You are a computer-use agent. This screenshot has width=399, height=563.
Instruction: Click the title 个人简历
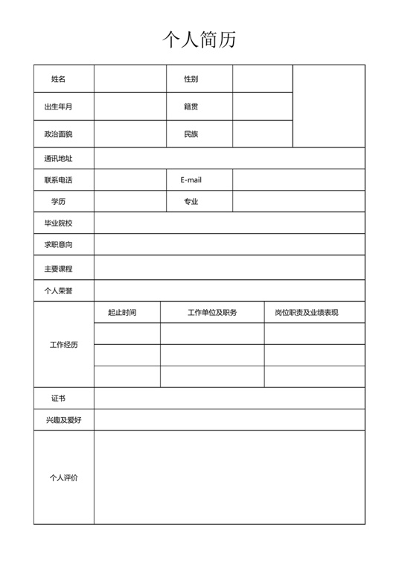coord(199,39)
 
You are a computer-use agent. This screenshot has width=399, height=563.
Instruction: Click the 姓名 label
coord(59,79)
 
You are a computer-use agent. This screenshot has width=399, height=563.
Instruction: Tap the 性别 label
coord(191,79)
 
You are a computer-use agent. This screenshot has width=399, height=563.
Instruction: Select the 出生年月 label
coord(59,106)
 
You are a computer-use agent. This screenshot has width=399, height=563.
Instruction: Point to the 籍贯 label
coord(191,106)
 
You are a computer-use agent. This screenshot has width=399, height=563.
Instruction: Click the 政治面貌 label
coord(59,134)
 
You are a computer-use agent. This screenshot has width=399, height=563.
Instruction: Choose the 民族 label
coord(191,134)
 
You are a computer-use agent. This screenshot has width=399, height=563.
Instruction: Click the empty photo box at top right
coord(328,106)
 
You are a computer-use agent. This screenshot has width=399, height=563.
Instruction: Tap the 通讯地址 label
coord(59,159)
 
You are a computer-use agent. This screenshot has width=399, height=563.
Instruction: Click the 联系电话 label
coord(59,180)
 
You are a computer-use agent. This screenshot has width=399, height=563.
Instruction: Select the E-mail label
coord(191,180)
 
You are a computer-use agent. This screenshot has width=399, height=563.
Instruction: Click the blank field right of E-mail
coord(299,180)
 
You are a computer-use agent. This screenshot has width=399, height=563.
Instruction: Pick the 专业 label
coord(191,202)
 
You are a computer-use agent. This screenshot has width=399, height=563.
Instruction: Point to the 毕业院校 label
coord(59,223)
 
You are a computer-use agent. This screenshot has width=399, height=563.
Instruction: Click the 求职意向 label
coord(59,245)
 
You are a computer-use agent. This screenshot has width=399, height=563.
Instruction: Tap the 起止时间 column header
coord(122,313)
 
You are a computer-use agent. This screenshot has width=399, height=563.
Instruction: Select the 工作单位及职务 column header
coord(212,313)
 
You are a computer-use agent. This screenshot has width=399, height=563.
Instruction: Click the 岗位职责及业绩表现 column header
coord(307,313)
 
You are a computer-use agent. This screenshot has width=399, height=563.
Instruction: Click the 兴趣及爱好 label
coord(64,421)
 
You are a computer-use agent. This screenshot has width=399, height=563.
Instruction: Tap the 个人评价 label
coord(64,478)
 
